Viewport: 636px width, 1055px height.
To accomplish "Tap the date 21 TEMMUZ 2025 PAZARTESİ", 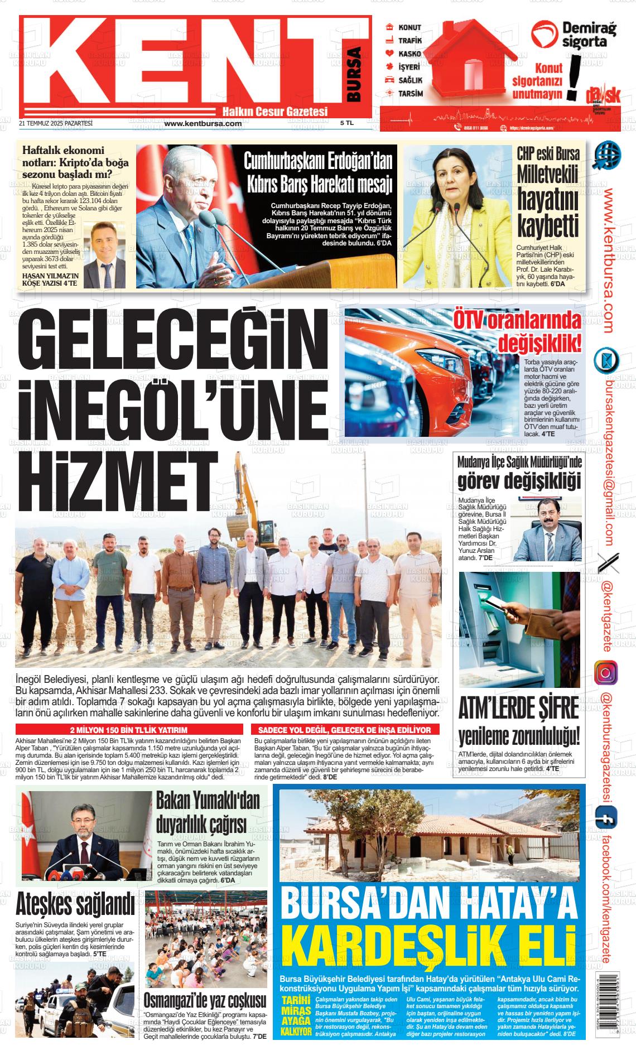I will coord(55,123).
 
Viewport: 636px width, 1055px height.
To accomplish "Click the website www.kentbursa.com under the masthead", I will coord(203,123).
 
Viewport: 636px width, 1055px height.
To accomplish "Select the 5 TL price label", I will coord(347,123).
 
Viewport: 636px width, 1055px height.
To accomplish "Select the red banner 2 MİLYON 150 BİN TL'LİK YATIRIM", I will coord(129,730).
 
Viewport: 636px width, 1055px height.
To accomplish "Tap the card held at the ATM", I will coord(498,604).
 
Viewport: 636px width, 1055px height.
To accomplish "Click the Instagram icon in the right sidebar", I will coord(606,672).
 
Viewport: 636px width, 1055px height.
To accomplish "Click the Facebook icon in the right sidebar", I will coord(604,820).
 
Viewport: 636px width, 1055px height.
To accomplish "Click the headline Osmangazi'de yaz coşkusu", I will coord(205,999).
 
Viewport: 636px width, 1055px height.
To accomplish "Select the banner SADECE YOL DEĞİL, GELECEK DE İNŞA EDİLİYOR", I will coord(345,730).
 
